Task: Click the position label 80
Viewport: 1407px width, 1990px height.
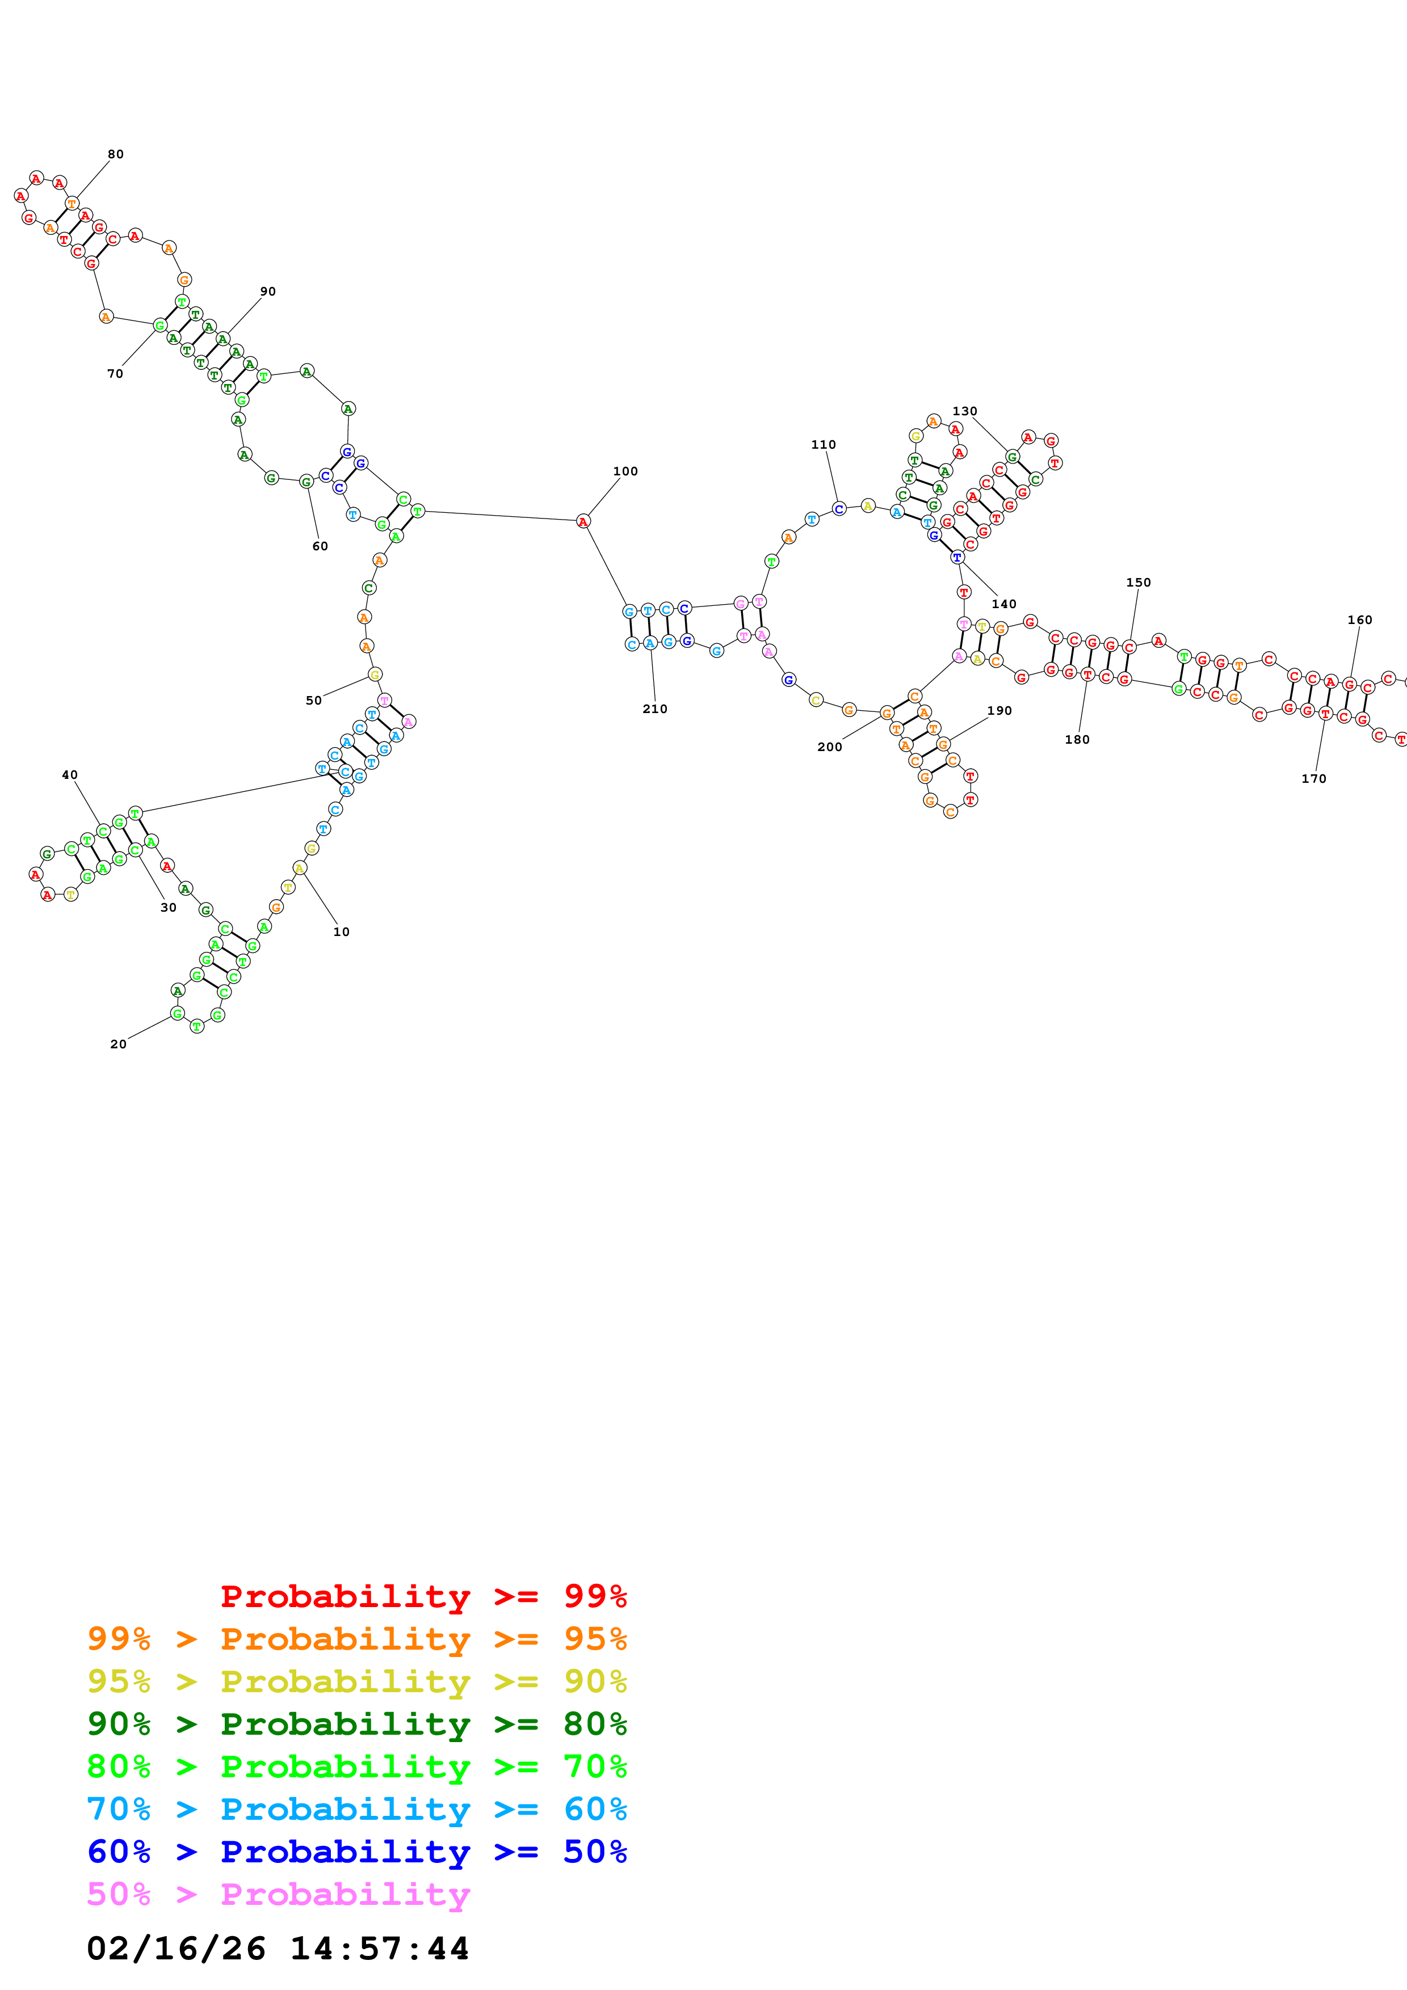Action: tap(115, 154)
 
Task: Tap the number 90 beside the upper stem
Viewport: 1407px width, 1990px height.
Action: tap(268, 291)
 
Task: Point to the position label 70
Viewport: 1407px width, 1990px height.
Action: tap(115, 374)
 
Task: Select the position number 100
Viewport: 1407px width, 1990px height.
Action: tap(625, 471)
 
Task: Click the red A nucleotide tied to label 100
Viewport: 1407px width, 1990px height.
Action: tap(583, 521)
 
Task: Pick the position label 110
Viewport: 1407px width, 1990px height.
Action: tap(823, 445)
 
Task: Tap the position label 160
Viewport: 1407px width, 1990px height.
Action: tap(1359, 619)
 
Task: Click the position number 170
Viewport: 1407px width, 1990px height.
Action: tap(1313, 778)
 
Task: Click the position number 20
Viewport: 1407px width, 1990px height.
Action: tap(118, 1044)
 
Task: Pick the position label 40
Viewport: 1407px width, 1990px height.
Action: tap(69, 775)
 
